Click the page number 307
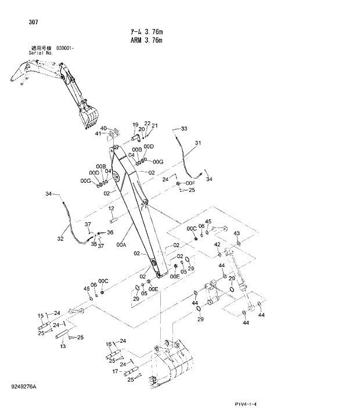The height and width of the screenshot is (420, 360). click(32, 23)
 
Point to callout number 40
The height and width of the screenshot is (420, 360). click(103, 128)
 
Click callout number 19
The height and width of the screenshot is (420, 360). click(135, 125)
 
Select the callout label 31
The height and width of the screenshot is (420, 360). click(197, 143)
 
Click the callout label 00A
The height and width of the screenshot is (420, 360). click(121, 245)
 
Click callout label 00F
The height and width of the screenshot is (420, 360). click(190, 183)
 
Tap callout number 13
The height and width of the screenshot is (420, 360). click(62, 346)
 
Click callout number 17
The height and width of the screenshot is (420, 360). click(115, 371)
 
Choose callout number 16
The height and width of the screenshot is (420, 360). click(108, 344)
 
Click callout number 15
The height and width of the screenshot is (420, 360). click(41, 316)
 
